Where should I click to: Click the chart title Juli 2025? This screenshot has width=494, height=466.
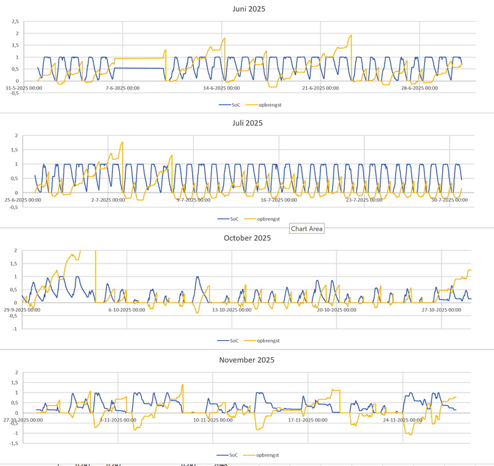tap(246, 123)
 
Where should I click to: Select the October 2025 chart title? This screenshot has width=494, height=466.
tap(247, 238)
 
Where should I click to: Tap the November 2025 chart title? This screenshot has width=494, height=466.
tap(246, 360)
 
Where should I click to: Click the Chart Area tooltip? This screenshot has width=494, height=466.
tap(307, 228)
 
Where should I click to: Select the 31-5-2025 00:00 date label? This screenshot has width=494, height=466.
tap(23, 88)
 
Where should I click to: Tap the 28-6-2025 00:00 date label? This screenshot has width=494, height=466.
tap(419, 88)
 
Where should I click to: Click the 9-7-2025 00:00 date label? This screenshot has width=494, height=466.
tap(193, 200)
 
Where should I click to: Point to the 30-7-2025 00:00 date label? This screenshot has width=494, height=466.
tap(449, 200)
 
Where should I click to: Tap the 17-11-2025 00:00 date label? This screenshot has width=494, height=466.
tap(307, 420)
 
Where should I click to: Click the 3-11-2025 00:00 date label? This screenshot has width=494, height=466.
tap(117, 420)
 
